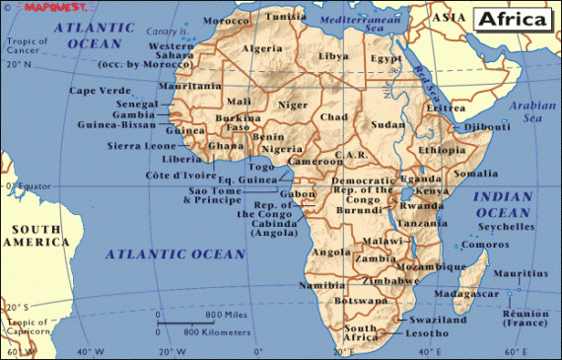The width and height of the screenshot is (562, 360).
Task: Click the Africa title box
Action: [x=514, y=19]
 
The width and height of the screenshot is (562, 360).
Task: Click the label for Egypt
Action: [x=386, y=58]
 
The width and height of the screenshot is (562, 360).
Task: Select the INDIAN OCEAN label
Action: [x=503, y=204]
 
